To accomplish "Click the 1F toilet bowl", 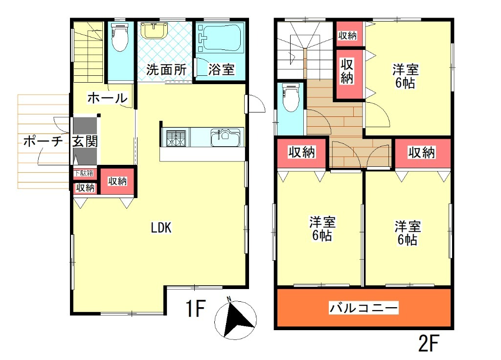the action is click(120, 37).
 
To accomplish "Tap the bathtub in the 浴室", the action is click(220, 38).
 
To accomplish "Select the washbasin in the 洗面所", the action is click(154, 31).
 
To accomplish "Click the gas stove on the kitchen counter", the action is click(176, 138).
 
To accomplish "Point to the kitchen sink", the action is click(225, 137).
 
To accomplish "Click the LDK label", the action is click(161, 228).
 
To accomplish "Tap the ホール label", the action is click(107, 98).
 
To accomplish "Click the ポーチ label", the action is click(43, 141).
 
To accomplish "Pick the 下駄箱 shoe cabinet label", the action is click(84, 174).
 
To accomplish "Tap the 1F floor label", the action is click(195, 309).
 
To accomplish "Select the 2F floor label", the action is click(429, 343).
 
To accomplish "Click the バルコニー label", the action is click(364, 308).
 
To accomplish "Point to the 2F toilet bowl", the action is click(291, 98).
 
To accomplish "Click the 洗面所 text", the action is click(166, 69).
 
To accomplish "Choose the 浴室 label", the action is click(222, 69).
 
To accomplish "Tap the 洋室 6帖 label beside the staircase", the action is click(405, 76).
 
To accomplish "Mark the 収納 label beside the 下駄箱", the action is click(85, 187).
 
